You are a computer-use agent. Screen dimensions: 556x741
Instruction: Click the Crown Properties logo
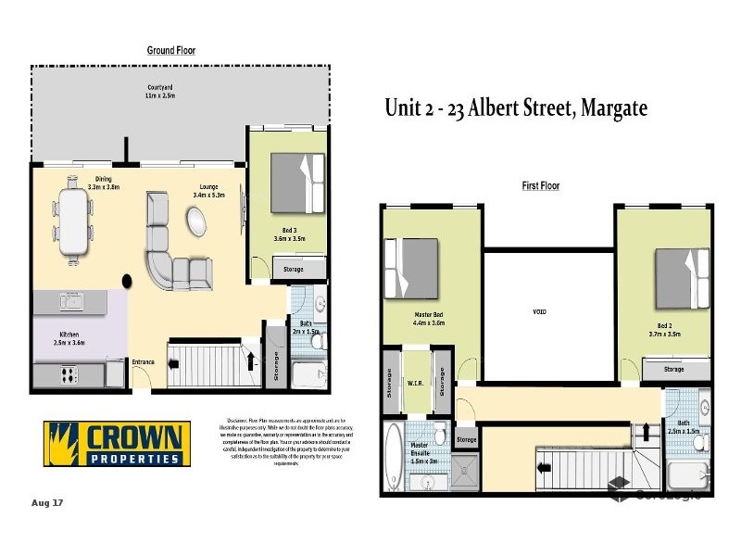[x=118, y=444]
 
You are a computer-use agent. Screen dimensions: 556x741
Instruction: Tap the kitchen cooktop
[x=68, y=375]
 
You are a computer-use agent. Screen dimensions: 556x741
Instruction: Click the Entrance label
[x=144, y=361]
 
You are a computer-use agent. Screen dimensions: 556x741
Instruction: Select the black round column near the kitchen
[x=127, y=279]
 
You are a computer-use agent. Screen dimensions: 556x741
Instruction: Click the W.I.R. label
[x=416, y=381]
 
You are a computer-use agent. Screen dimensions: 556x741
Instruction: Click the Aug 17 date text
[x=46, y=503]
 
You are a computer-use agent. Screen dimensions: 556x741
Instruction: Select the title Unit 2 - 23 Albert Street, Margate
[x=516, y=108]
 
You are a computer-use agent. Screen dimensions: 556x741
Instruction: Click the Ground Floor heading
[x=171, y=50]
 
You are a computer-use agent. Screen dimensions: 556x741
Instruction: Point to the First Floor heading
[x=542, y=186]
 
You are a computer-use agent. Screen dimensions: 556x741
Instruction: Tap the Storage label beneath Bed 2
[x=673, y=370]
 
